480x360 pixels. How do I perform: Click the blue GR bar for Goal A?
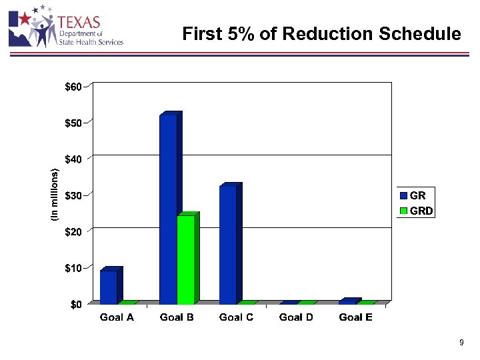point(109,287)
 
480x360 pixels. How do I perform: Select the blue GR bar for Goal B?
point(168,209)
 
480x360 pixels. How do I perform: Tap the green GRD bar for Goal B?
point(185,259)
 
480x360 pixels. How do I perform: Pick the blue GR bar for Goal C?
point(228,245)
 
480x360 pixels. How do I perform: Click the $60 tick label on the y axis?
point(73,87)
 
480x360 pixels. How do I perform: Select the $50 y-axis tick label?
point(73,123)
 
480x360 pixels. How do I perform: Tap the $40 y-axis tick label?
point(73,159)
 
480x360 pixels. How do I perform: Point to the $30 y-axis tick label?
point(73,195)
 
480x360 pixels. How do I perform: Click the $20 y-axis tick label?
point(73,231)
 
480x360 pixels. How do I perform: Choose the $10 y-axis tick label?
point(73,268)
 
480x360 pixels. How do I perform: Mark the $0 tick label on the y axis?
point(76,305)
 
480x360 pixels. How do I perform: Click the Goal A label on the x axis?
point(117,317)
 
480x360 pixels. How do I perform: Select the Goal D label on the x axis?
point(296,317)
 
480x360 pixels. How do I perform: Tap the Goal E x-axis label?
point(355,317)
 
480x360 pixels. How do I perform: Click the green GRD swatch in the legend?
point(403,211)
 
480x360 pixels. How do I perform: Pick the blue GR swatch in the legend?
point(403,196)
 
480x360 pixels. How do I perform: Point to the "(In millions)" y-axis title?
point(55,195)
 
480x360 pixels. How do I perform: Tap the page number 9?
point(461,343)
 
